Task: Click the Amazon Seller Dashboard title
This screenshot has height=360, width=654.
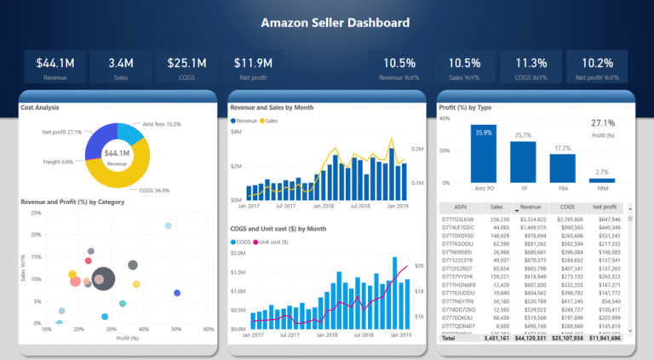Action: click(335, 23)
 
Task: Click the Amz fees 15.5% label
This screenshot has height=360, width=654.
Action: click(161, 124)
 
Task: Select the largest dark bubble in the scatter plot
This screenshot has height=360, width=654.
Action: click(103, 277)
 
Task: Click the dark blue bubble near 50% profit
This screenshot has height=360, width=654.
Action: click(177, 293)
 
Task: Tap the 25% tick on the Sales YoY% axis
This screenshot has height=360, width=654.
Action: click(35, 212)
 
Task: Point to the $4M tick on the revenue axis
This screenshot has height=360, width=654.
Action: click(236, 133)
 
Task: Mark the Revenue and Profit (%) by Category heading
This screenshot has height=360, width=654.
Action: click(72, 202)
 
